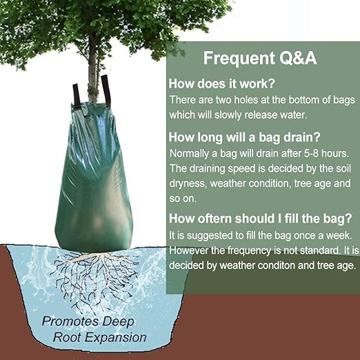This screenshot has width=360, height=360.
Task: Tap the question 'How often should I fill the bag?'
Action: (261, 219)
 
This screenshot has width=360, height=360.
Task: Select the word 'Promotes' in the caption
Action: (67, 321)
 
